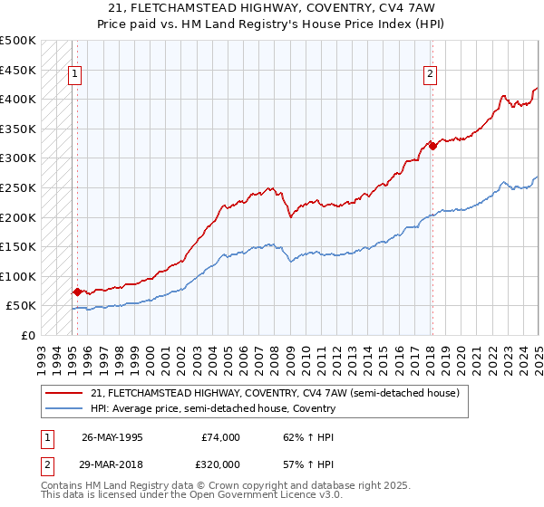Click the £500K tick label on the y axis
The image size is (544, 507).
18,41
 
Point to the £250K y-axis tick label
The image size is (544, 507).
18,187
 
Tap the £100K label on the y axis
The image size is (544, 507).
18,276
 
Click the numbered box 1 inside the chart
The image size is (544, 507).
74,75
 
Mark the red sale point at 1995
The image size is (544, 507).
78,292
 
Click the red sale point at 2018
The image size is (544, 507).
432,147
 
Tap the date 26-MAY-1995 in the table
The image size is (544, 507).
112,437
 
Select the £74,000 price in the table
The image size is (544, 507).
220,437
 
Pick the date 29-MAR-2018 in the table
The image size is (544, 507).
112,464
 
